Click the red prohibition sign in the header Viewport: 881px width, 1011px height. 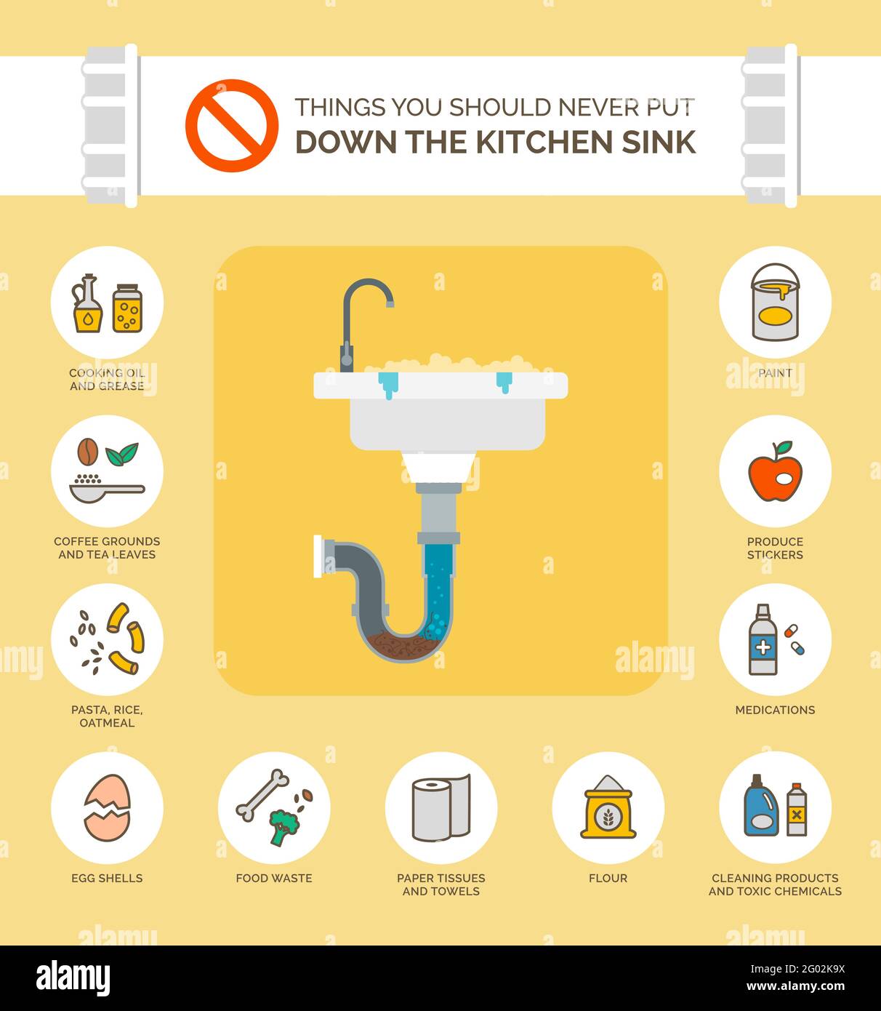point(231,126)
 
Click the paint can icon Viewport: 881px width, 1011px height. point(775,303)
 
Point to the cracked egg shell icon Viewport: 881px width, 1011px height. point(108,807)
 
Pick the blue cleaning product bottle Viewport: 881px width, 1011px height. point(760,806)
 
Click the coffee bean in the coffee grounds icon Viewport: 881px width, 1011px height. point(88,452)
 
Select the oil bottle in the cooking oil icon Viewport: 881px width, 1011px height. point(87,305)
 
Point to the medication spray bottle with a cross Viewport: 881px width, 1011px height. point(763,640)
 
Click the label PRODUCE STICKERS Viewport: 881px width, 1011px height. point(775,548)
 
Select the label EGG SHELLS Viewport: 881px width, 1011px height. point(107,878)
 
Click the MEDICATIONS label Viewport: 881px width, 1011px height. point(775,710)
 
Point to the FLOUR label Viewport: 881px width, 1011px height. point(608,878)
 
